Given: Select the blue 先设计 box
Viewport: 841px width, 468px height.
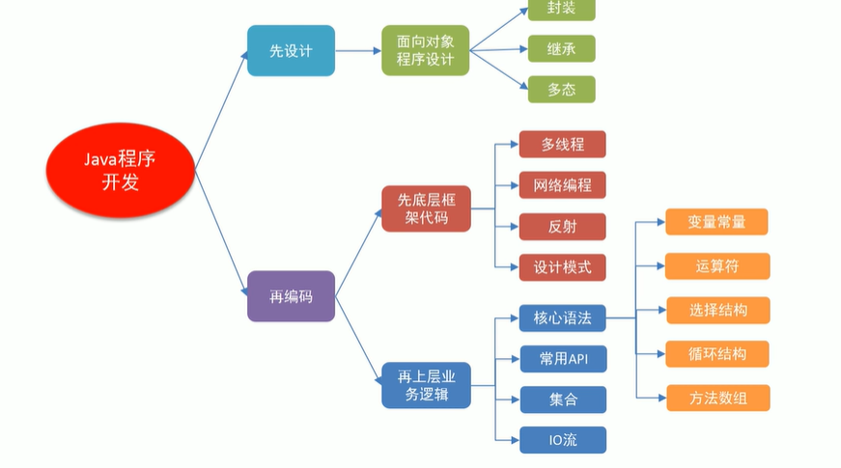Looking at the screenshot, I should coord(291,51).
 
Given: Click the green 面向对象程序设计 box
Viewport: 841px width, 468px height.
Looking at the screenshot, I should coord(426,51).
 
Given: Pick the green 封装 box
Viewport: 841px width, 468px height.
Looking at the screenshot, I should coord(561,9).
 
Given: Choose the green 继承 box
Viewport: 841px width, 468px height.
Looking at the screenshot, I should coord(561,48).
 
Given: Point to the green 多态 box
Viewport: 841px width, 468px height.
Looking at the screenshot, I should coord(561,89).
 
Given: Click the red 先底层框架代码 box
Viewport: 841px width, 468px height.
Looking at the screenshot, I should coord(426,209).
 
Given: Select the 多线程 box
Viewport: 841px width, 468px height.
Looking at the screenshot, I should coord(562,144).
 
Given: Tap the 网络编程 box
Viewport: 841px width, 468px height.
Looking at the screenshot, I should coord(562,184).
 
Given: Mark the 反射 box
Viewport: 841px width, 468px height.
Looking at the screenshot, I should coord(562,226).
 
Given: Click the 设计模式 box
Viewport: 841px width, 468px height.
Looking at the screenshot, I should coord(562,266).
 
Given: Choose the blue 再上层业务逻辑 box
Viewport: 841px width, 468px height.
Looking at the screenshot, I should coord(426,383).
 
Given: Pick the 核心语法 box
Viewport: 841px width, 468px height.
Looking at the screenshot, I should coord(562,317).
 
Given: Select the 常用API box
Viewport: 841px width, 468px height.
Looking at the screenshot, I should coord(562,359).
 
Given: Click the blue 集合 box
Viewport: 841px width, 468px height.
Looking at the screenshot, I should coord(562,399).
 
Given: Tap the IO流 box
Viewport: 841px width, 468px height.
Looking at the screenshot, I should coord(562,440).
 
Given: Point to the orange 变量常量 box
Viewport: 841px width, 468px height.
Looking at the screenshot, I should coord(716,221).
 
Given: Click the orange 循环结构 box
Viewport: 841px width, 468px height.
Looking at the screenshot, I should coord(716,353).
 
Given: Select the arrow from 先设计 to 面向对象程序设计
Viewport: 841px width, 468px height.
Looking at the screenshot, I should coord(358,51).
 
